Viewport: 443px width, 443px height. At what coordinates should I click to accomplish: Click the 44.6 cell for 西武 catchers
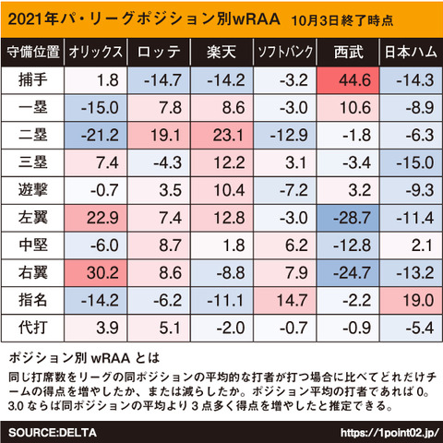[x=348, y=80]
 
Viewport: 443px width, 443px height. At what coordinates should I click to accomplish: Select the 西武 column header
[x=349, y=52]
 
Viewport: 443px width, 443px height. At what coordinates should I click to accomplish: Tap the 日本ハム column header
[x=411, y=52]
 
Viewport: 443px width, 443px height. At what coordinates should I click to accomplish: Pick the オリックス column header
[x=95, y=52]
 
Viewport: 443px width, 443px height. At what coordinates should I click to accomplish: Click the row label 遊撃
[x=33, y=190]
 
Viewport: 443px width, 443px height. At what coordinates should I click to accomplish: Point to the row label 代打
[x=33, y=327]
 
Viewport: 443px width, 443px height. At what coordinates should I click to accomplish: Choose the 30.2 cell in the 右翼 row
[x=96, y=273]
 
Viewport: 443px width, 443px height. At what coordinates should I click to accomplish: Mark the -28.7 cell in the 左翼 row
[x=348, y=218]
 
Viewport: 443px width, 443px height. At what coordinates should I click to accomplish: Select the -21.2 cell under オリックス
[x=96, y=136]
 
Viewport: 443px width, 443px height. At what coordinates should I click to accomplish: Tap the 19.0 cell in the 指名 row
[x=411, y=300]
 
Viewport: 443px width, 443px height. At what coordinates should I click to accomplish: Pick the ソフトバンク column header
[x=285, y=52]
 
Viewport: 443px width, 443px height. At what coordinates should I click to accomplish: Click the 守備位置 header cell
[x=33, y=52]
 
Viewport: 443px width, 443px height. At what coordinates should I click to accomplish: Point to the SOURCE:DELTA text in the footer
[x=53, y=433]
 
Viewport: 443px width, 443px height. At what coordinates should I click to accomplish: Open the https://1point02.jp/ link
[x=389, y=433]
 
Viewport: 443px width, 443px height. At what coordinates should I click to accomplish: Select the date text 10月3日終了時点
[x=342, y=20]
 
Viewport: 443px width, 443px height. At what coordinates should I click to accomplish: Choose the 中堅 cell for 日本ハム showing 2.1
[x=411, y=245]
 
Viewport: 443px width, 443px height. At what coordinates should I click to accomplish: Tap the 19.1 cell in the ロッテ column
[x=159, y=136]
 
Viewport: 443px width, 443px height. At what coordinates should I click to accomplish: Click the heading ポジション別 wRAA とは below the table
[x=84, y=358]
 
